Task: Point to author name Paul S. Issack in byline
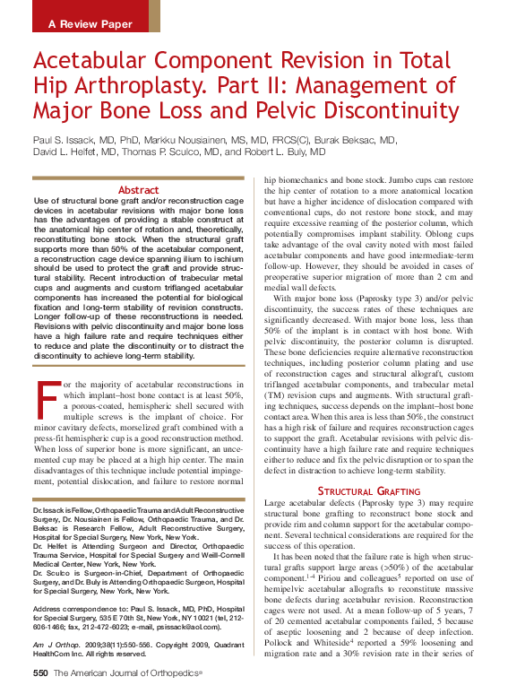(66, 141)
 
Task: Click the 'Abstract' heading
(139, 190)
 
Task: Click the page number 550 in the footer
(40, 672)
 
